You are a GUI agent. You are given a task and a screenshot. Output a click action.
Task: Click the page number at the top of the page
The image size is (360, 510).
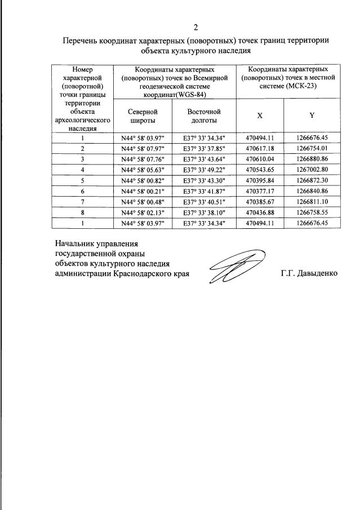[195, 28]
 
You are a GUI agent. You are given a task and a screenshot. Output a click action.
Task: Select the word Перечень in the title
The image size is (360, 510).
[79, 41]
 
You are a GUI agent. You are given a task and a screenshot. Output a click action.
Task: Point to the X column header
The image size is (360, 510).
[260, 116]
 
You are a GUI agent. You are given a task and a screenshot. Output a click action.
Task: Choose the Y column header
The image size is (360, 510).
[312, 116]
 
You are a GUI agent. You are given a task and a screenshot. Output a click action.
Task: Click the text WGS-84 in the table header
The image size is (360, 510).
[189, 94]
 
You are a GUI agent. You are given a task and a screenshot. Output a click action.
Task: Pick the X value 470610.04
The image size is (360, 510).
[260, 159]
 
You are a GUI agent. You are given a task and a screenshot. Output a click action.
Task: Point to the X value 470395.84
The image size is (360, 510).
[260, 180]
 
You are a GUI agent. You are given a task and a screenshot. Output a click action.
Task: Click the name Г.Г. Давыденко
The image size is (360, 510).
[309, 274]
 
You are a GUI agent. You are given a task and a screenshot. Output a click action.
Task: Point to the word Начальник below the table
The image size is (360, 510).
[74, 244]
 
